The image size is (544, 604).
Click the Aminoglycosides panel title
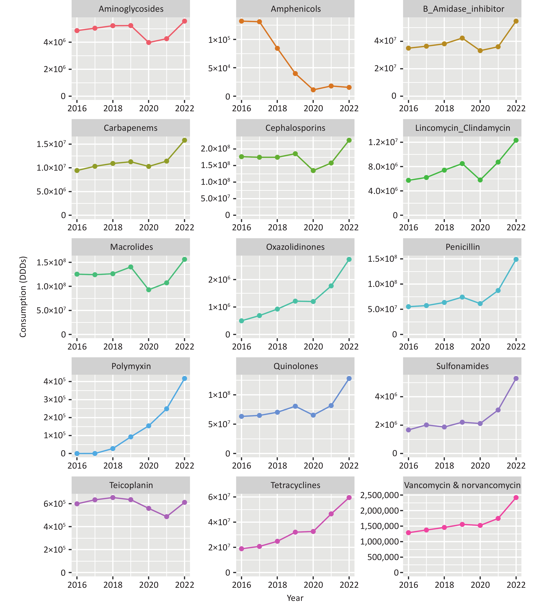point(131,9)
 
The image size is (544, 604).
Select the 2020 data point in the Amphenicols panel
point(313,90)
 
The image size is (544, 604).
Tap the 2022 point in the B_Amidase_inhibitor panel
point(516,21)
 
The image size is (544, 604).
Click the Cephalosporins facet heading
point(295,128)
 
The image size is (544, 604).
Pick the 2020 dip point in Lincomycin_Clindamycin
point(480,180)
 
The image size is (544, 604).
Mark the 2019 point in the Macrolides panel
point(131,267)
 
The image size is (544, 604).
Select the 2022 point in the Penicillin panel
point(516,259)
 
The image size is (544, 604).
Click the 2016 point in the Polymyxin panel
point(77,454)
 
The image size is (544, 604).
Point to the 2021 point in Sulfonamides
point(498,410)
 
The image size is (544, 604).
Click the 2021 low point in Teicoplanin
point(166,517)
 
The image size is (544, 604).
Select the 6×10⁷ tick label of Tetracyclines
point(219,497)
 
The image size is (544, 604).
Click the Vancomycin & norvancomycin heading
point(462,485)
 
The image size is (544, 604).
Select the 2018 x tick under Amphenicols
point(277,108)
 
